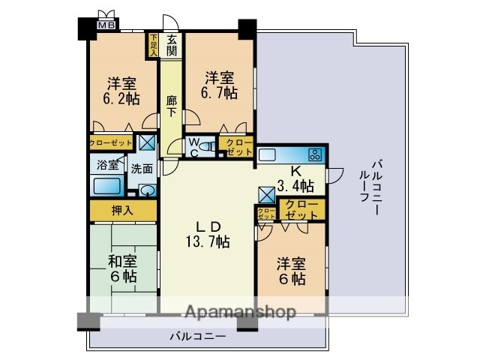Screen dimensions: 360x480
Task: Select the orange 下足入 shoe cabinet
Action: pos(153,45)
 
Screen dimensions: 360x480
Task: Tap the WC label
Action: pos(193,148)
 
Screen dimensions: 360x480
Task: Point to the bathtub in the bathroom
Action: pos(106,186)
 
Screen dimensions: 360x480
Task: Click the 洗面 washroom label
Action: pos(142,169)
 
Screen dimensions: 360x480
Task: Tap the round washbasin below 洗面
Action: pos(148,190)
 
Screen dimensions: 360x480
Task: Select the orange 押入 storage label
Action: pos(122,211)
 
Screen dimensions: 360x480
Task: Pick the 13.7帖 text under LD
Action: pos(208,241)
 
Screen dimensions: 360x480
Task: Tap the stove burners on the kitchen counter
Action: pos(314,155)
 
